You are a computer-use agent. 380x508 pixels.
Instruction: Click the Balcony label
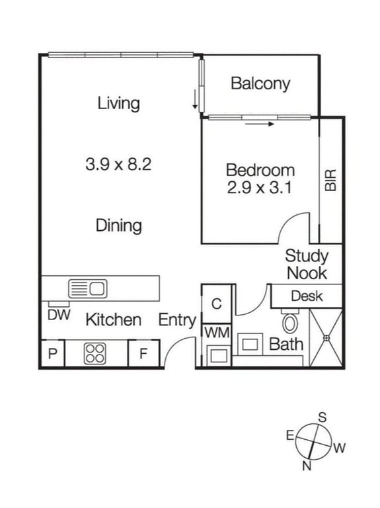coord(260,83)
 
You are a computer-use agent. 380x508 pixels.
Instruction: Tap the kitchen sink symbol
coord(88,288)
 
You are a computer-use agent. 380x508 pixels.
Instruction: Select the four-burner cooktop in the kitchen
coord(95,353)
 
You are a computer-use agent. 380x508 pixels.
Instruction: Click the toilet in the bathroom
coord(290,320)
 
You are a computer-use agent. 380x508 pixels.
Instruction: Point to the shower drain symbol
coord(326,338)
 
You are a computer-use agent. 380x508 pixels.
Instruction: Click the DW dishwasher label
coord(59,315)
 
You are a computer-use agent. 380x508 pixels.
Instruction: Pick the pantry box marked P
coord(52,353)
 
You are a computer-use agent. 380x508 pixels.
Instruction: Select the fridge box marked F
coord(144,353)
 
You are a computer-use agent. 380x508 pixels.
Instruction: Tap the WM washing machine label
coord(217,333)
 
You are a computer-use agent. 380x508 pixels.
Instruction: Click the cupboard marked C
coord(217,304)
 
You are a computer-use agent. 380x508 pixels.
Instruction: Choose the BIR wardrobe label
coord(331,180)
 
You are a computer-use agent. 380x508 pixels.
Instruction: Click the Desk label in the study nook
coord(307,296)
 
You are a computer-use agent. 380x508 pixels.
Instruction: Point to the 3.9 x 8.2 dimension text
coord(118,164)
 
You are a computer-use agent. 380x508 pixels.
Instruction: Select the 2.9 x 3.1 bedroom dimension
coord(260,187)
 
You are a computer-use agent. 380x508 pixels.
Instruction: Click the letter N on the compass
coord(307,466)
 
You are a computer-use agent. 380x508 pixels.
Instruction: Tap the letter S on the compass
coord(323,417)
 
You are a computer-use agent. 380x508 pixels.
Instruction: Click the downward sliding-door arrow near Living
coord(195,99)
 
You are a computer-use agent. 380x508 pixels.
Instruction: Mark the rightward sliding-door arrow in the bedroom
coord(260,124)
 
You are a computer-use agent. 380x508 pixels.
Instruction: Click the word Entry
coord(177,320)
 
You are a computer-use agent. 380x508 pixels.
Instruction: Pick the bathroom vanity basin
coord(250,344)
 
